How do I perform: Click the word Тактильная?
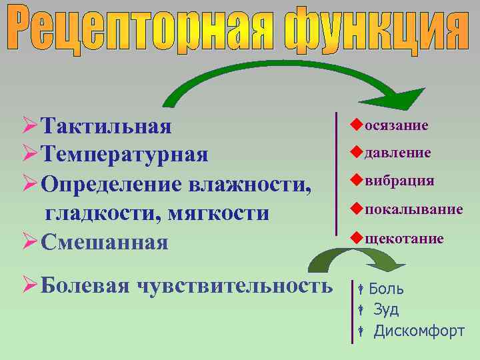pyautogui.click(x=106, y=126)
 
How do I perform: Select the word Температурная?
pyautogui.click(x=124, y=155)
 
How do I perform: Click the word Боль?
pyautogui.click(x=386, y=289)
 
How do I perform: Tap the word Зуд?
pyautogui.click(x=386, y=309)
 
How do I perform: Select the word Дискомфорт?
pyautogui.click(x=419, y=331)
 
